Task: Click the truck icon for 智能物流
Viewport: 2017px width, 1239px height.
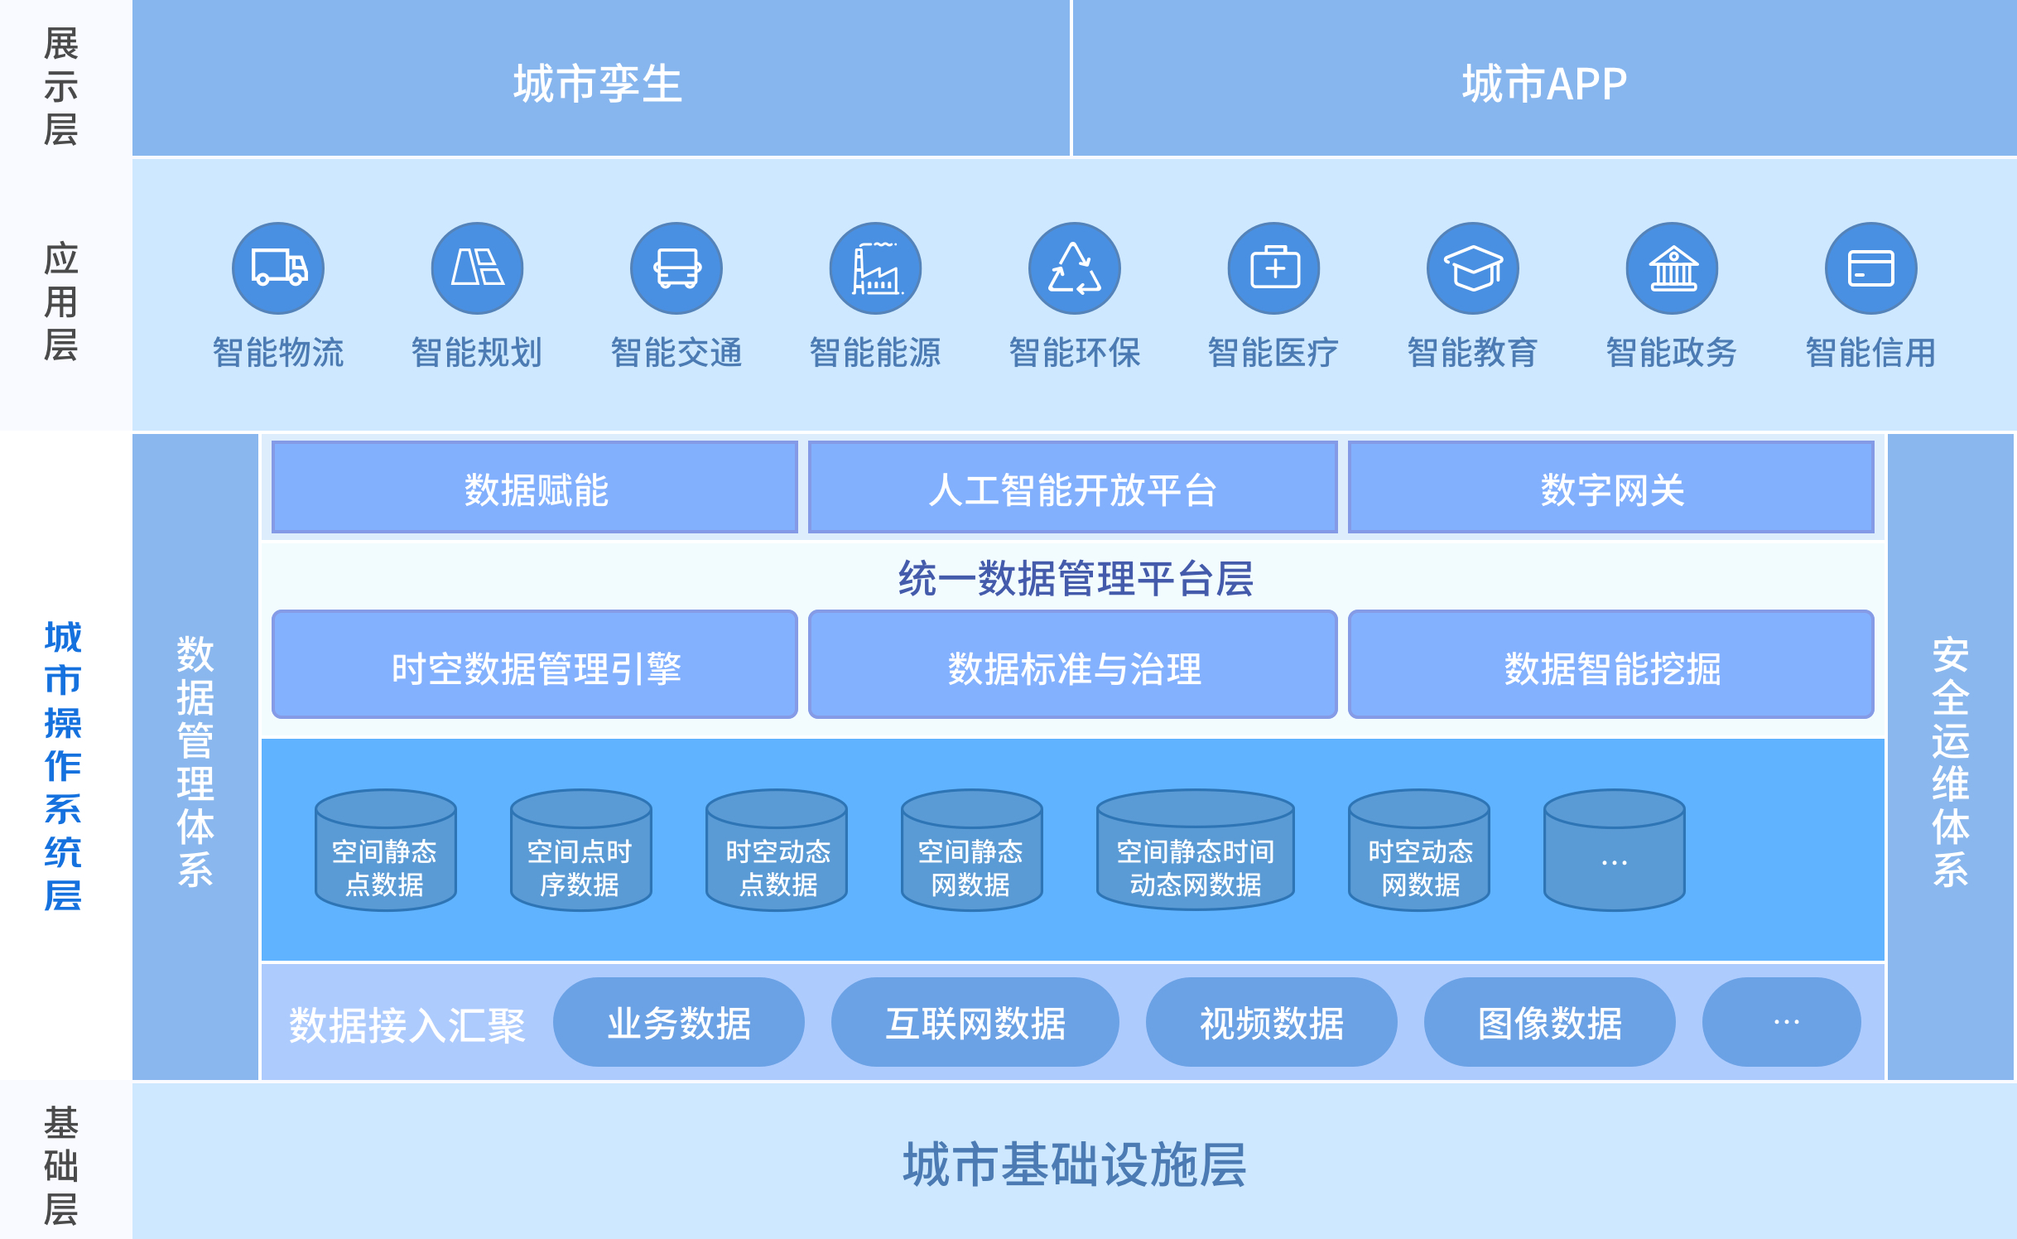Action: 278,268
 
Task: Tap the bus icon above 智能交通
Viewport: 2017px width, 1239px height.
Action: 676,268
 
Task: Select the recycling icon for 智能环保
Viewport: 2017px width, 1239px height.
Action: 1075,268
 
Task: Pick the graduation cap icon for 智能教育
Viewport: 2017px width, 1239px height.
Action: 1473,268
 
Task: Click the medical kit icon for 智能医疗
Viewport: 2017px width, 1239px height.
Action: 1273,268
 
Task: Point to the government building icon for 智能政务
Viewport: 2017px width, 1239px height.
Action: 1673,268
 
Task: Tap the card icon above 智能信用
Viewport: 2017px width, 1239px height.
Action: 1871,268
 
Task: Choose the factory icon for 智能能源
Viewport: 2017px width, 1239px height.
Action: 875,268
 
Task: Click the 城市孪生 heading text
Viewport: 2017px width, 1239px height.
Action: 598,84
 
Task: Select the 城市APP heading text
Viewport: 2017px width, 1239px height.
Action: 1544,84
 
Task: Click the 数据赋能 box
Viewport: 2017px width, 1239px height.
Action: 535,488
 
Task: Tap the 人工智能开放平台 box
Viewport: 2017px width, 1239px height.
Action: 1072,488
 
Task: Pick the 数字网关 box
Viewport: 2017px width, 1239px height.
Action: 1611,488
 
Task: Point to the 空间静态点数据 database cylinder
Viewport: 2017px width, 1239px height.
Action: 385,851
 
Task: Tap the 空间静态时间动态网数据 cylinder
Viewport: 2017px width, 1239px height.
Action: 1195,851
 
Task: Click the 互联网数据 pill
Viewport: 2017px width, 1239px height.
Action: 975,1023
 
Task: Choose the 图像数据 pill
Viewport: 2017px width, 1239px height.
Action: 1549,1023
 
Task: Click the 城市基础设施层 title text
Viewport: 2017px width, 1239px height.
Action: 1074,1164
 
